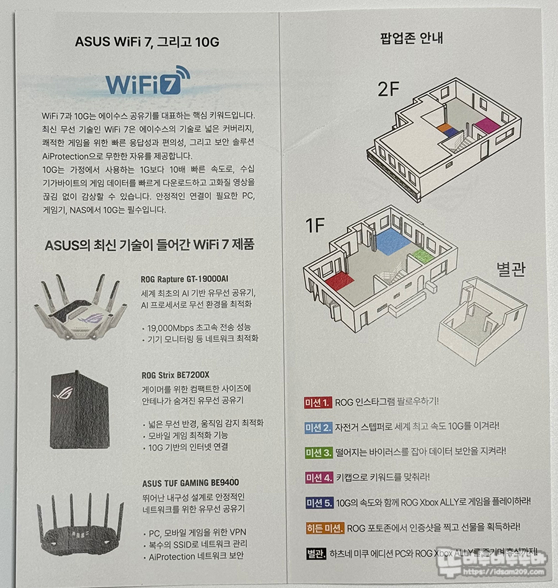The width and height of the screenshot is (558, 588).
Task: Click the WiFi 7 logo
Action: [x=148, y=81]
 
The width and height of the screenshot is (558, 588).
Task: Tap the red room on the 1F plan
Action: [x=340, y=281]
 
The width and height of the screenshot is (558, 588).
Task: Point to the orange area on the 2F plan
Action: [x=445, y=127]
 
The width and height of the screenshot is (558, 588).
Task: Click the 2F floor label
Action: [x=388, y=89]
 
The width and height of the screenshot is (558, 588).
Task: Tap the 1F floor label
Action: [x=314, y=225]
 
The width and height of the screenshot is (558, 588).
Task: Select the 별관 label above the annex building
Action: [x=511, y=269]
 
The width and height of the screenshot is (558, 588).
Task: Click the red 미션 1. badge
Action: [x=317, y=403]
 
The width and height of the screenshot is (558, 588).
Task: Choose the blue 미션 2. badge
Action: [x=318, y=428]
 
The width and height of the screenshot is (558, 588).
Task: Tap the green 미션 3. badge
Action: [x=319, y=453]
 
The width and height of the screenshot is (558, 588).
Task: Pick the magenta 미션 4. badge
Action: [x=319, y=478]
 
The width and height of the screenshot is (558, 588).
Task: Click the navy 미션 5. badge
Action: [x=319, y=503]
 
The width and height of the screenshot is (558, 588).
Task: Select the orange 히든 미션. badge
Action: [x=325, y=528]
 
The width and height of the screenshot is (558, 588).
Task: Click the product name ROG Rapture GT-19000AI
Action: [x=185, y=279]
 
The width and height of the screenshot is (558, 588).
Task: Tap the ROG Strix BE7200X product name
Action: [x=175, y=375]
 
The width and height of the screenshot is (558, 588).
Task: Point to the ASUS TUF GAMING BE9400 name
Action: [x=190, y=483]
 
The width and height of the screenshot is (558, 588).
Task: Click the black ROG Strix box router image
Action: [x=79, y=410]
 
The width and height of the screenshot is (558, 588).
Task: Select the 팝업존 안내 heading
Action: [x=412, y=38]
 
